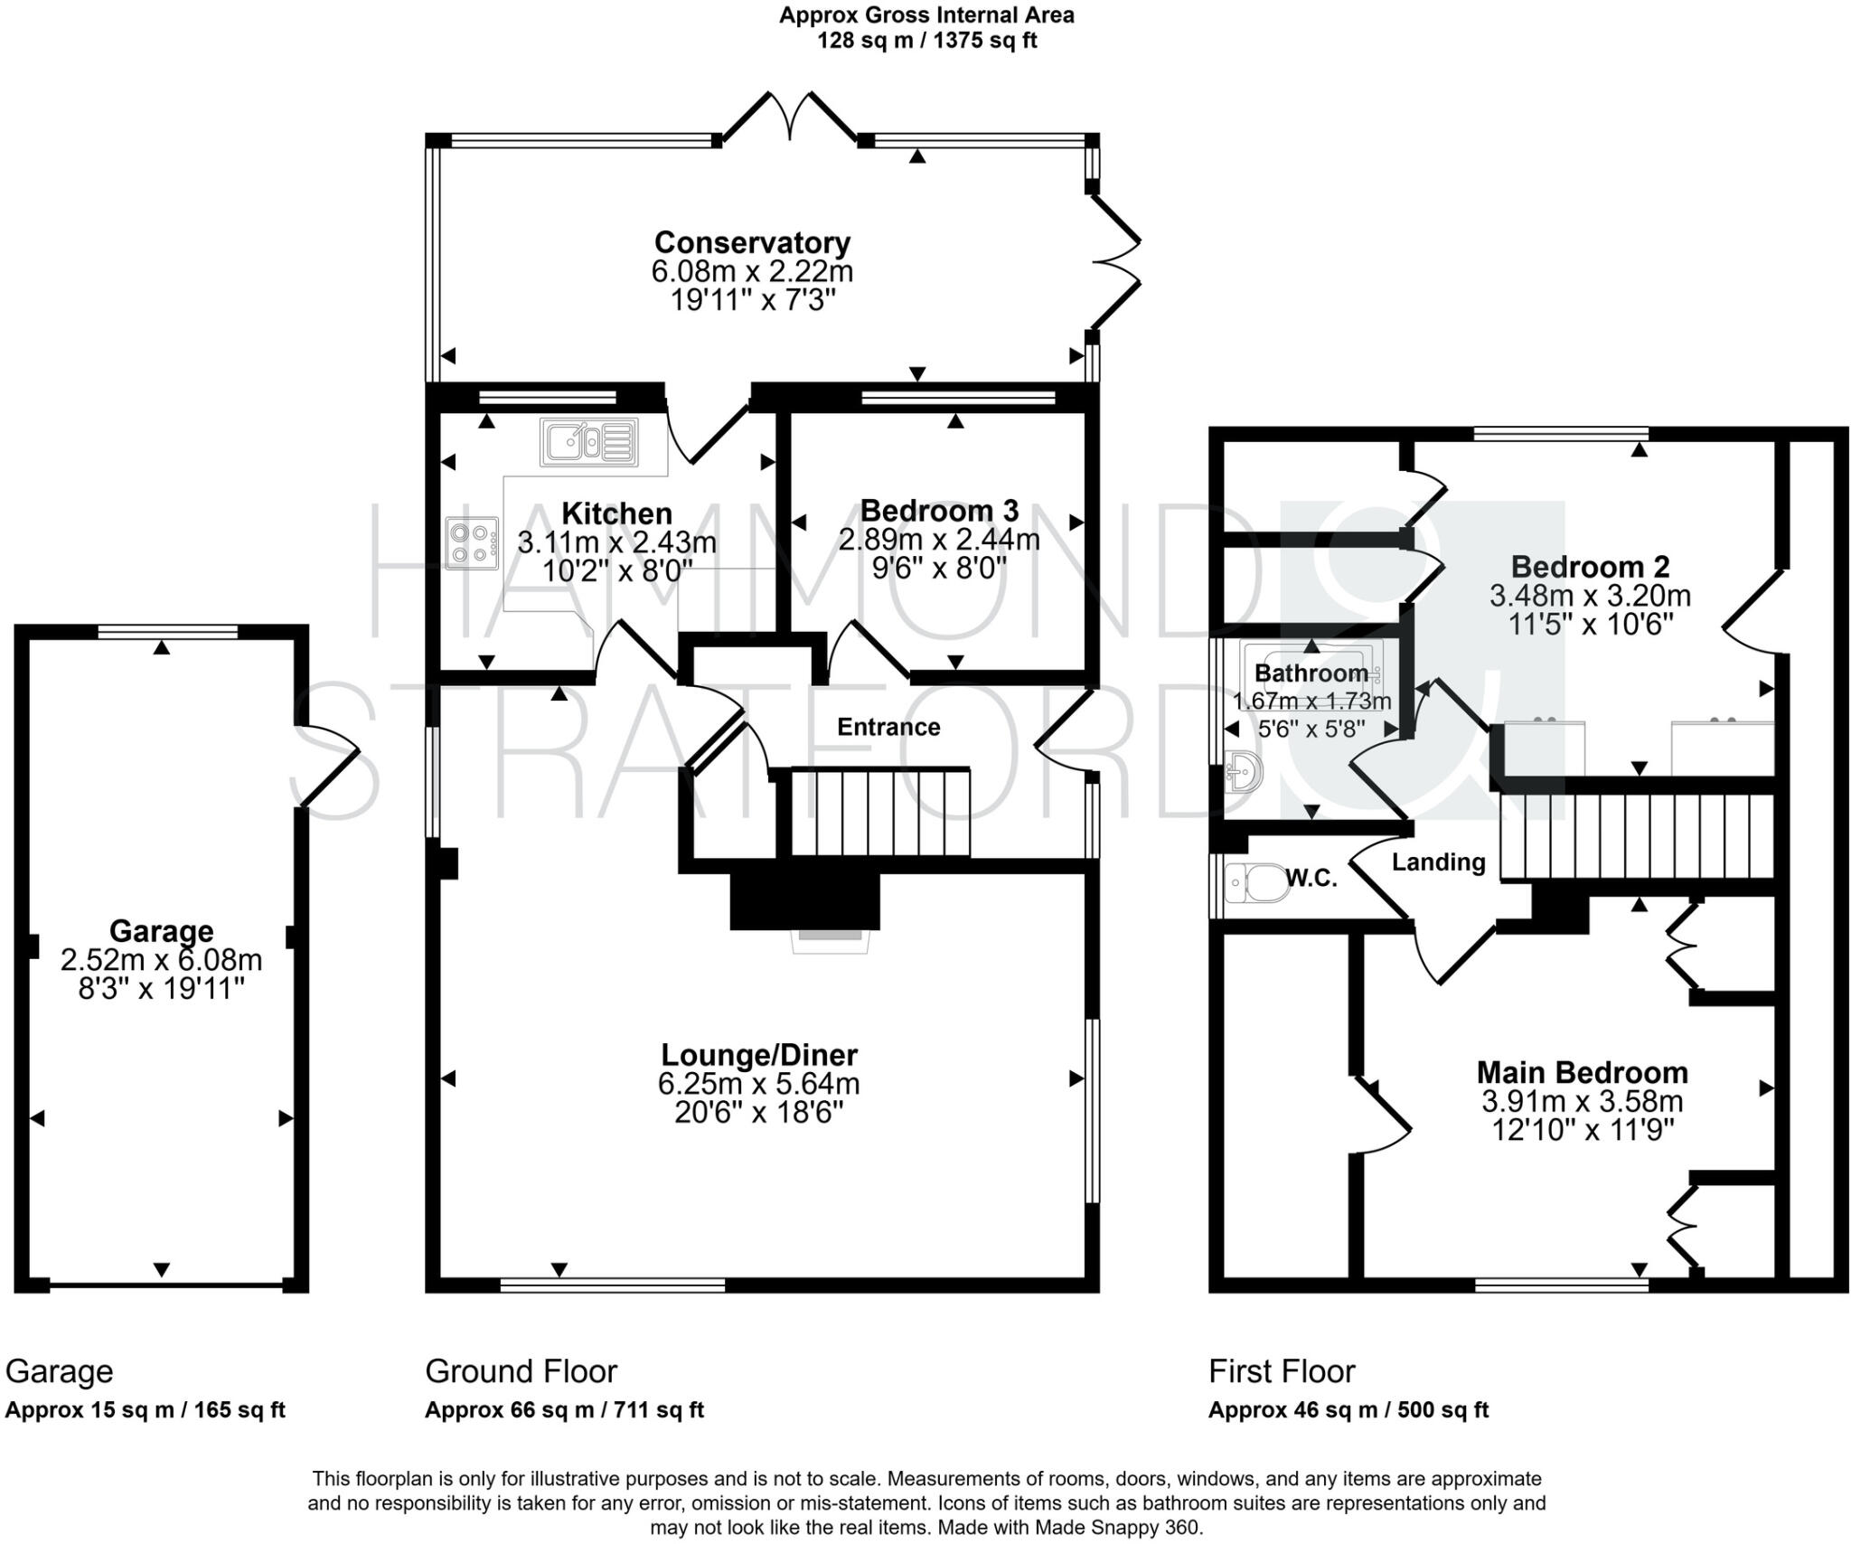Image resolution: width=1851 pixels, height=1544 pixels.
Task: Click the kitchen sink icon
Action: click(589, 441)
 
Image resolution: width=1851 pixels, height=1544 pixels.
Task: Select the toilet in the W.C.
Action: click(1257, 881)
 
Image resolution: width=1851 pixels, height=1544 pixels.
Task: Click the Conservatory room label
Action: click(752, 242)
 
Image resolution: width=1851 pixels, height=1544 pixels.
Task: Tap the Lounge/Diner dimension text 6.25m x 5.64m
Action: click(758, 1083)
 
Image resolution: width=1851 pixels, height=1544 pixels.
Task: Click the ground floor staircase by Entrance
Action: click(879, 812)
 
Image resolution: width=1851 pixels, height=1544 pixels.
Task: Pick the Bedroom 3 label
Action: click(939, 511)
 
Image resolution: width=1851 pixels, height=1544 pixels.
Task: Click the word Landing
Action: click(1438, 861)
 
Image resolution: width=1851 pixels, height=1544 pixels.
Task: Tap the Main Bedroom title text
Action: click(1582, 1072)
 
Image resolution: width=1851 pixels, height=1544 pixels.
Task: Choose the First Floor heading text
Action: click(1282, 1371)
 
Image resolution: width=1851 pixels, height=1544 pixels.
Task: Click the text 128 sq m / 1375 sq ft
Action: click(926, 41)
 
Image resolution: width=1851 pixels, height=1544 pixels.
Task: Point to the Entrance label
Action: click(888, 727)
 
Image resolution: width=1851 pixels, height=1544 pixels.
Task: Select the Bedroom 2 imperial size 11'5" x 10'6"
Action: click(1590, 624)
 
